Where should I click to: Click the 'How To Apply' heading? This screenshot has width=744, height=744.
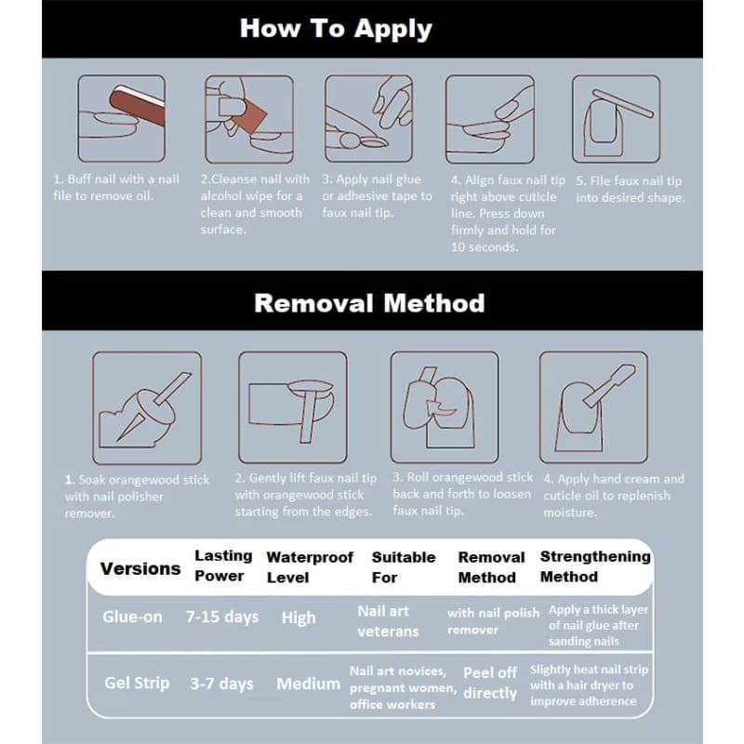point(335,28)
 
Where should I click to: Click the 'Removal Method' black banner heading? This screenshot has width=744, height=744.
point(369,303)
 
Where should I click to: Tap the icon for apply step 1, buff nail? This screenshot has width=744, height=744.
point(122,119)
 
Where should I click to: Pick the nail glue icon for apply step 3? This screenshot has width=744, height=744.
point(368,119)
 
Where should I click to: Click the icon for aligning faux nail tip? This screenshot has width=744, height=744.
point(489,119)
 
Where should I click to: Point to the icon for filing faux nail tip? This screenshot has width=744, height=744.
point(615,119)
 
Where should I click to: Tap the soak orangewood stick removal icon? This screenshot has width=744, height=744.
point(146,407)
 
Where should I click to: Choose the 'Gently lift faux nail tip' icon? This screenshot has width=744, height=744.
point(292,407)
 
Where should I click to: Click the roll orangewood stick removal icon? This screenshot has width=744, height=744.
point(439,407)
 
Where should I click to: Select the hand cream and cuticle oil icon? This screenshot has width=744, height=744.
point(593,407)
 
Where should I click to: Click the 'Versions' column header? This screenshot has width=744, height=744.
point(140,568)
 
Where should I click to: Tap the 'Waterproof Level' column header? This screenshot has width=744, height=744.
point(310,566)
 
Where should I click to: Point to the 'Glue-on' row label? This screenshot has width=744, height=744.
point(132,617)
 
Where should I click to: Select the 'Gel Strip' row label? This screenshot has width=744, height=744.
point(137,683)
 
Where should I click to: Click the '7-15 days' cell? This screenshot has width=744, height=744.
point(221,617)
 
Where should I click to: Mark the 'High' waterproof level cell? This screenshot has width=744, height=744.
point(299,618)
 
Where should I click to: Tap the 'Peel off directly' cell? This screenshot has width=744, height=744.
point(489,683)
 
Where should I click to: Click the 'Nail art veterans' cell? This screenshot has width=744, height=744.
point(388,621)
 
